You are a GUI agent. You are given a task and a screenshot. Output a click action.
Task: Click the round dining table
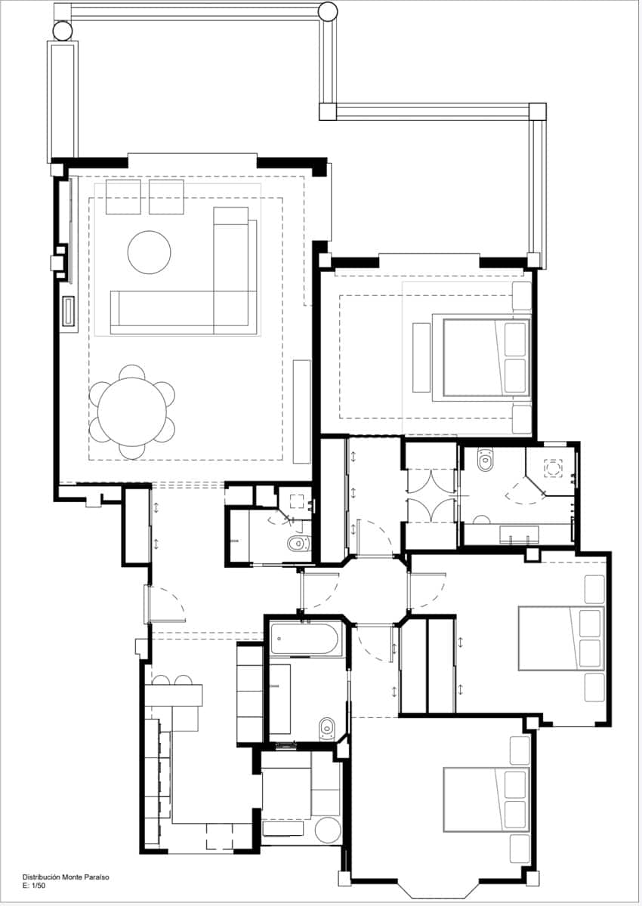coord(132,411)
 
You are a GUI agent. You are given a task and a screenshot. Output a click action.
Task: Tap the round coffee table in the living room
coord(149,252)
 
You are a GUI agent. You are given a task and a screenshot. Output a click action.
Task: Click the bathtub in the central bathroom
coord(304,639)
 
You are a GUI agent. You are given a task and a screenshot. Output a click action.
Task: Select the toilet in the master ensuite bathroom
coord(486,460)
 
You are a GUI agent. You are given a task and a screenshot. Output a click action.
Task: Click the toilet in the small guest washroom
coord(299,543)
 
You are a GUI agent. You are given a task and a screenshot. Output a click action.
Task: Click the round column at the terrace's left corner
coord(63,30)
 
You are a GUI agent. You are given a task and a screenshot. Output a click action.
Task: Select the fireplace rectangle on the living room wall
coord(68,310)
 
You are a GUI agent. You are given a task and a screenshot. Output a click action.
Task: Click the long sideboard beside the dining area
coord(302,411)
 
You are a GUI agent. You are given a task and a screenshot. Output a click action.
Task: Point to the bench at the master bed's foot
coord(421,358)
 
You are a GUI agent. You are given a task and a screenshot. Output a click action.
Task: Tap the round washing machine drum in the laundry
coord(328,830)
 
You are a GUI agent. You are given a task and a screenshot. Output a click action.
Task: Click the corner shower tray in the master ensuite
coord(551,468)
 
